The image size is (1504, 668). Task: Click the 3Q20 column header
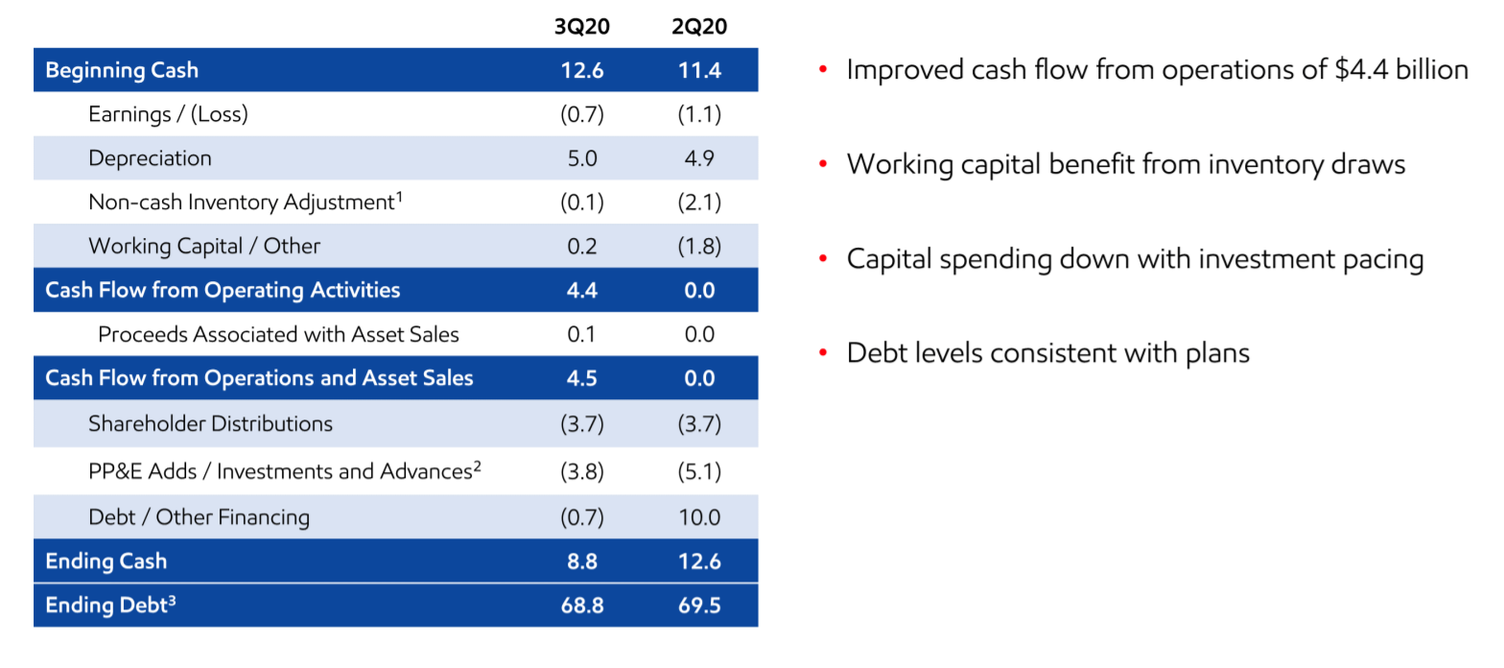(x=581, y=26)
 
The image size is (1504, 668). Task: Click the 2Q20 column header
(x=699, y=26)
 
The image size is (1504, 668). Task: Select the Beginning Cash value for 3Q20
(x=582, y=70)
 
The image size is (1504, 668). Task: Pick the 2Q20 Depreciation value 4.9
(x=699, y=158)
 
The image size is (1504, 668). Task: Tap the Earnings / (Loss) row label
(x=168, y=114)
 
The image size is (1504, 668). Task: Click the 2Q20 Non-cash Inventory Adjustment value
(x=699, y=203)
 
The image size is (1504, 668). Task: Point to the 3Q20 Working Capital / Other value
(x=581, y=246)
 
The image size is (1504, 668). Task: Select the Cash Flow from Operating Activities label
(x=223, y=290)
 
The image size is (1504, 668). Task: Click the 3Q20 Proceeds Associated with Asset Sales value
(x=581, y=334)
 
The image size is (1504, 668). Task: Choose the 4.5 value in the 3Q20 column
(x=581, y=378)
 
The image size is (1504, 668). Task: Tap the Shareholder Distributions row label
(x=210, y=423)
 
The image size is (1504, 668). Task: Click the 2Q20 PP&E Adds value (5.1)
(x=699, y=471)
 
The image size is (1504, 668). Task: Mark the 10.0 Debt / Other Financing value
(x=699, y=516)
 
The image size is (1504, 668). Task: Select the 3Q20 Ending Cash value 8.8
(x=581, y=561)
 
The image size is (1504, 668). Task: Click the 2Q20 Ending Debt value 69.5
(x=699, y=605)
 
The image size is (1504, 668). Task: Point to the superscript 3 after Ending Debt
(x=172, y=599)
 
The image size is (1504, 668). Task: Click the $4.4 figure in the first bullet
(x=1361, y=69)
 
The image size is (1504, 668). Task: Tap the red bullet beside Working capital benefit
(x=823, y=163)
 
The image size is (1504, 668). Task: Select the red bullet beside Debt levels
(x=823, y=352)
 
